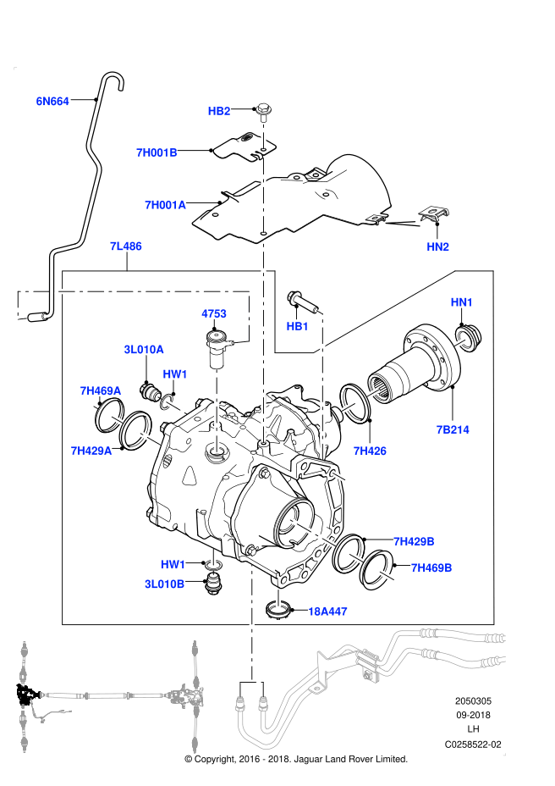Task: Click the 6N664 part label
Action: point(52,101)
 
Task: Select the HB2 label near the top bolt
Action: point(219,111)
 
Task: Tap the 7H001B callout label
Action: point(157,152)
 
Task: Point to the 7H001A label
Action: point(165,204)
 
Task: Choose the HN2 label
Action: point(437,246)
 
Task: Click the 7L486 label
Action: point(125,246)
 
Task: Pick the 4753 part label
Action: point(213,313)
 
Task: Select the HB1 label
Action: point(297,326)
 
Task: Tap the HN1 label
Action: point(462,302)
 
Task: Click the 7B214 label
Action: point(453,429)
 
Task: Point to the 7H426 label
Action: point(370,451)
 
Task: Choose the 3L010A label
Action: point(144,349)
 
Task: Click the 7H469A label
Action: point(101,390)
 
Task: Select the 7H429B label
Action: point(414,540)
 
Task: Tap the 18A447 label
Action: point(327,610)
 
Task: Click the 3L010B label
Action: point(164,584)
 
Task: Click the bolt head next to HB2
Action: point(262,108)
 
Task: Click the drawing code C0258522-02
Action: point(473,744)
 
